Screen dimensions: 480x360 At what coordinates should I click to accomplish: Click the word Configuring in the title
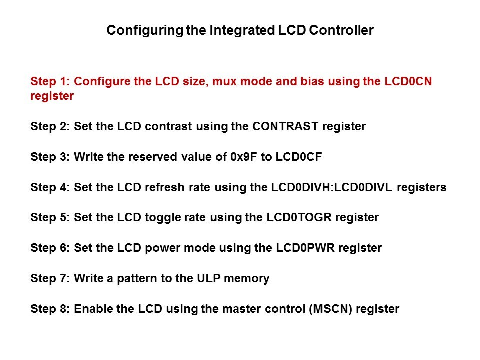(x=145, y=31)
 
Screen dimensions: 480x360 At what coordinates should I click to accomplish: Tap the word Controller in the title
(x=341, y=30)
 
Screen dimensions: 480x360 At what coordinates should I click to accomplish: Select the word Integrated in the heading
(x=242, y=31)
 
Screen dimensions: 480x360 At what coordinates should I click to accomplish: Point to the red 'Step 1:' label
(x=50, y=81)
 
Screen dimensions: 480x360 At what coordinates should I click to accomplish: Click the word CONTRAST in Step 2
(x=285, y=126)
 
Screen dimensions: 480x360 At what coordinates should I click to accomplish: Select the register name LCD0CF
(x=299, y=157)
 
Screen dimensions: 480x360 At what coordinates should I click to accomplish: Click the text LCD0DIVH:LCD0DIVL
(x=331, y=187)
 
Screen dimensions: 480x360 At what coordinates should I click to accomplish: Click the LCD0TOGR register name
(x=299, y=217)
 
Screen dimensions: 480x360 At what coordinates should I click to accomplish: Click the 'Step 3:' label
(x=50, y=157)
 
